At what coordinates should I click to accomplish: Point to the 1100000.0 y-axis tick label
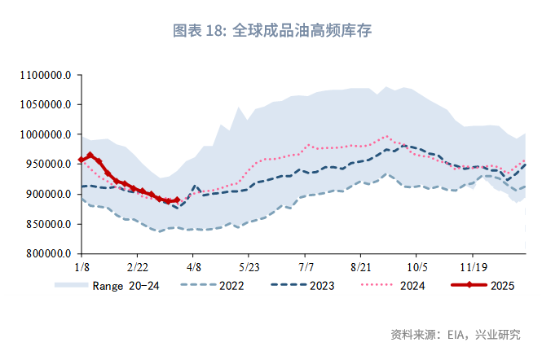[x=46, y=75]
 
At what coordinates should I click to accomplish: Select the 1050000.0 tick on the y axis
[x=46, y=105]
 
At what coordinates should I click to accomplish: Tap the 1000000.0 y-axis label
[x=46, y=134]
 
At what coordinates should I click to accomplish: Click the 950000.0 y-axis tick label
[x=48, y=165]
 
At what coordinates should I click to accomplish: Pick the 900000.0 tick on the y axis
[x=48, y=195]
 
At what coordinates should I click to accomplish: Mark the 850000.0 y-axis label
[x=48, y=224]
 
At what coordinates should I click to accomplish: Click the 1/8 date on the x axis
[x=82, y=267]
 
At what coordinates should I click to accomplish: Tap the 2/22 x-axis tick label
[x=138, y=267]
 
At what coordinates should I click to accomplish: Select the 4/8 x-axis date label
[x=194, y=267]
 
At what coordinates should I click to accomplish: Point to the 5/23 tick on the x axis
[x=249, y=267]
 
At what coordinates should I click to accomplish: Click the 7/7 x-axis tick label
[x=306, y=267]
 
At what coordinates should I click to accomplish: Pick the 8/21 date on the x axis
[x=361, y=267]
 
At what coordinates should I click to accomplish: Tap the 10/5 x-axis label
[x=417, y=267]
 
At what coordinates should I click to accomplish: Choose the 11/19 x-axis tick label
[x=474, y=267]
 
